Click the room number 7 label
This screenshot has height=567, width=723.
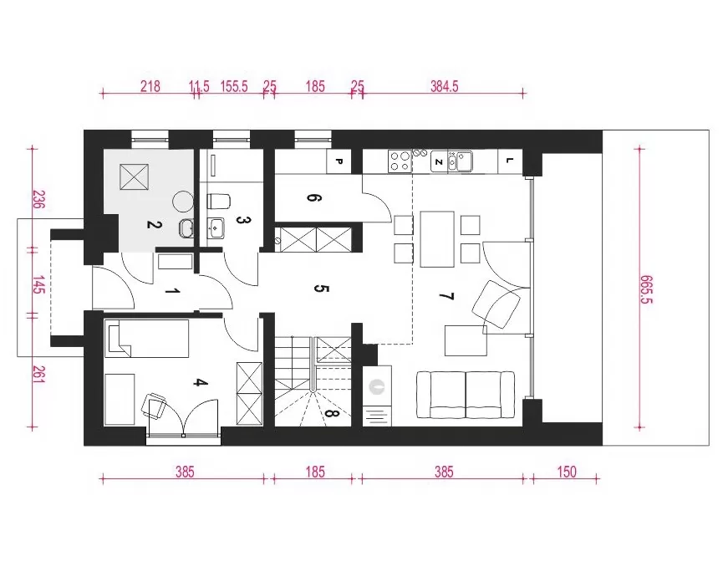(x=447, y=296)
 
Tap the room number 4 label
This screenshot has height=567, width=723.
(x=199, y=382)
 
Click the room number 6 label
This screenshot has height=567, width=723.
(x=313, y=198)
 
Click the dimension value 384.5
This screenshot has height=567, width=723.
(x=444, y=86)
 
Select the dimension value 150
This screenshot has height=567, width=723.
(x=567, y=472)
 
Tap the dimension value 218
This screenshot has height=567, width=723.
(x=150, y=86)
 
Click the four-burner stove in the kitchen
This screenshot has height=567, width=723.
(x=400, y=161)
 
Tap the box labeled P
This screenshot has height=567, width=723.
(x=339, y=161)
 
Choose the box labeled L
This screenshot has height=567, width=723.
(x=510, y=161)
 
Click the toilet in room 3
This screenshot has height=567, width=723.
(x=218, y=202)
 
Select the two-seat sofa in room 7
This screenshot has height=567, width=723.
(x=466, y=395)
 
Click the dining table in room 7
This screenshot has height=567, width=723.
(x=437, y=239)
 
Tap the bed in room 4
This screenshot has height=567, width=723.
(x=146, y=339)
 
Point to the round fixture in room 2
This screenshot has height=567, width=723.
(x=182, y=202)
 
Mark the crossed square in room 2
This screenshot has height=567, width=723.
(x=135, y=176)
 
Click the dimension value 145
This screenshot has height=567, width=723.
(x=38, y=284)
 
